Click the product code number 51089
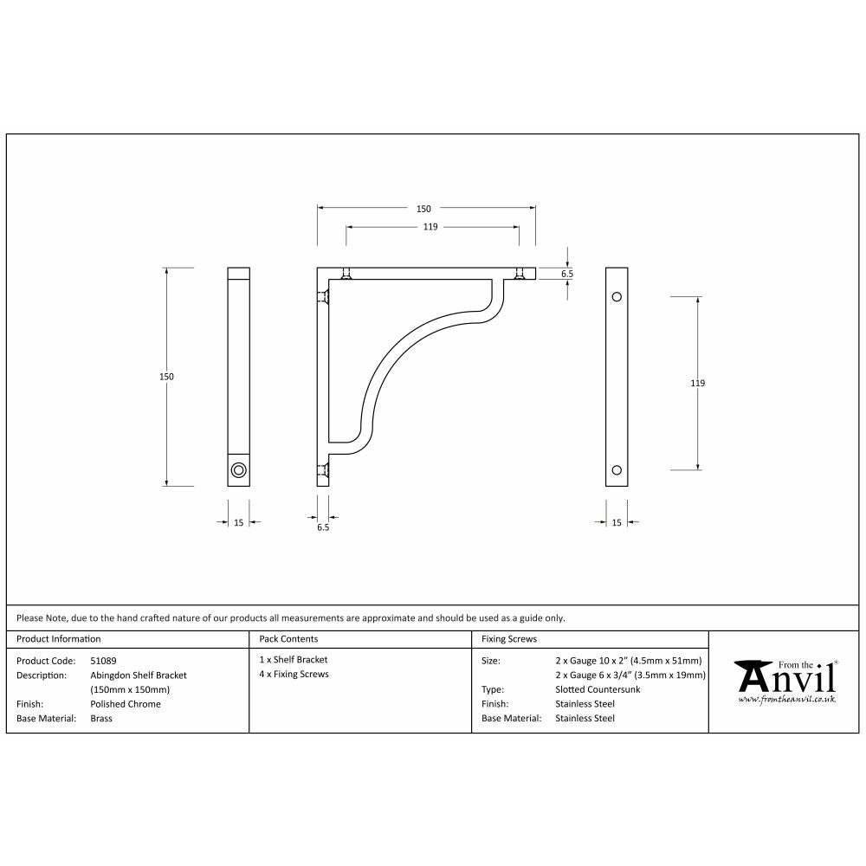point(104,660)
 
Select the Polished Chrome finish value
point(126,704)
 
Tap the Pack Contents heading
point(288,639)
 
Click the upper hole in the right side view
point(617,297)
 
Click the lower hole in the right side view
point(617,470)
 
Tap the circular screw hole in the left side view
point(238,470)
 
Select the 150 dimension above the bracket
point(423,209)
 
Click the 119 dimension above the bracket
point(430,227)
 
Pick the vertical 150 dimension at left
point(166,377)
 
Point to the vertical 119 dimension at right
point(698,383)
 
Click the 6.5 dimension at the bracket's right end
point(567,274)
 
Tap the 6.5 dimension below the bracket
point(323,527)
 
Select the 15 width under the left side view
point(238,522)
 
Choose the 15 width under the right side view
point(617,522)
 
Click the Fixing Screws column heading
point(509,639)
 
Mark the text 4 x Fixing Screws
point(294,674)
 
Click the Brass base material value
point(101,718)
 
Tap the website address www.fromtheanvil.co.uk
point(786,698)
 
